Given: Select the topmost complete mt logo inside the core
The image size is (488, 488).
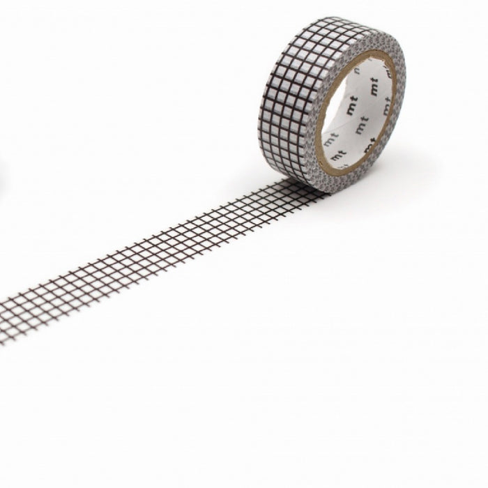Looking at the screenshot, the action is click(374, 86).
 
